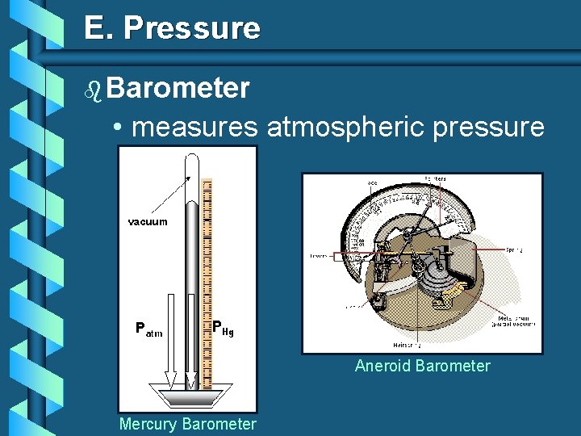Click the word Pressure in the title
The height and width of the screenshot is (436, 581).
point(192,28)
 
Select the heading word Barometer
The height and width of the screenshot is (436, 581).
point(177,87)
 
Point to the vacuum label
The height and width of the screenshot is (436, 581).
point(148,221)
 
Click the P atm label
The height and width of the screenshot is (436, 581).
point(149,329)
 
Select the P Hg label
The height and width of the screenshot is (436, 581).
point(223,328)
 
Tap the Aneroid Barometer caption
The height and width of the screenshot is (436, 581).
point(422,366)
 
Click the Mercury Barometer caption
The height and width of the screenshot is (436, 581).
point(187,424)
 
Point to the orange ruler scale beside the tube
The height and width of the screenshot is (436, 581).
point(207,283)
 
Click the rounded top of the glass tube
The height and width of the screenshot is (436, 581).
point(191,161)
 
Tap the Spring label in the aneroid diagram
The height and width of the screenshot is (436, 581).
point(513,250)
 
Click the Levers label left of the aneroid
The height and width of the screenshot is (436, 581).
point(320,256)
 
